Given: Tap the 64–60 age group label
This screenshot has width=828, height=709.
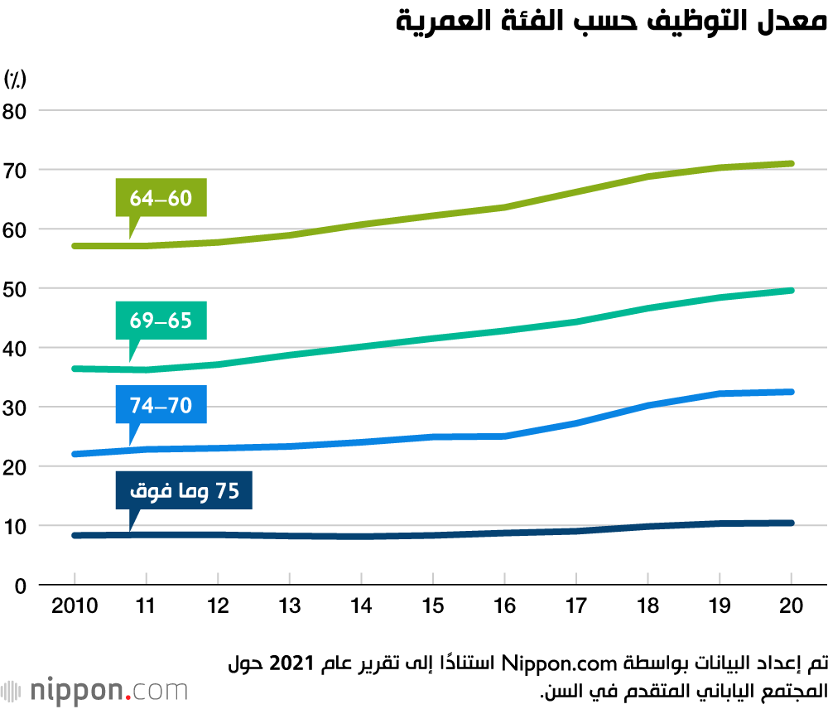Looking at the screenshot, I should click(161, 199).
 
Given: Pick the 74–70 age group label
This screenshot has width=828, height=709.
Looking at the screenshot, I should click(161, 405).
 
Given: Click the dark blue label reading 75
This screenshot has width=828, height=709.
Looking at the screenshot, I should click(183, 491).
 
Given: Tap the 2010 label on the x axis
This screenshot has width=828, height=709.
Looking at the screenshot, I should click(74, 606).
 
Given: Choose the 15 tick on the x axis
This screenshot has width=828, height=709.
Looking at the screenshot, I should click(433, 606).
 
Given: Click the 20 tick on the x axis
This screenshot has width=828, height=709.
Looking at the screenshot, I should click(792, 606).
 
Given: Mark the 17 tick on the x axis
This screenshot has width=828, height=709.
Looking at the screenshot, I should click(576, 606).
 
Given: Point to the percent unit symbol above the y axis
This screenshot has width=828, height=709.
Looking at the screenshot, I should click(16, 80).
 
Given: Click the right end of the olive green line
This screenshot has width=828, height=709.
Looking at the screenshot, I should click(792, 164).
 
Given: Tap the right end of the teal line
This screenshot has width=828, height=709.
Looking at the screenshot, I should click(792, 291).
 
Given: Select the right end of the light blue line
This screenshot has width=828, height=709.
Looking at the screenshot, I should click(792, 392).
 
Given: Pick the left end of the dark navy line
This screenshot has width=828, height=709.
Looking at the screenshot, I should click(75, 536).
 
